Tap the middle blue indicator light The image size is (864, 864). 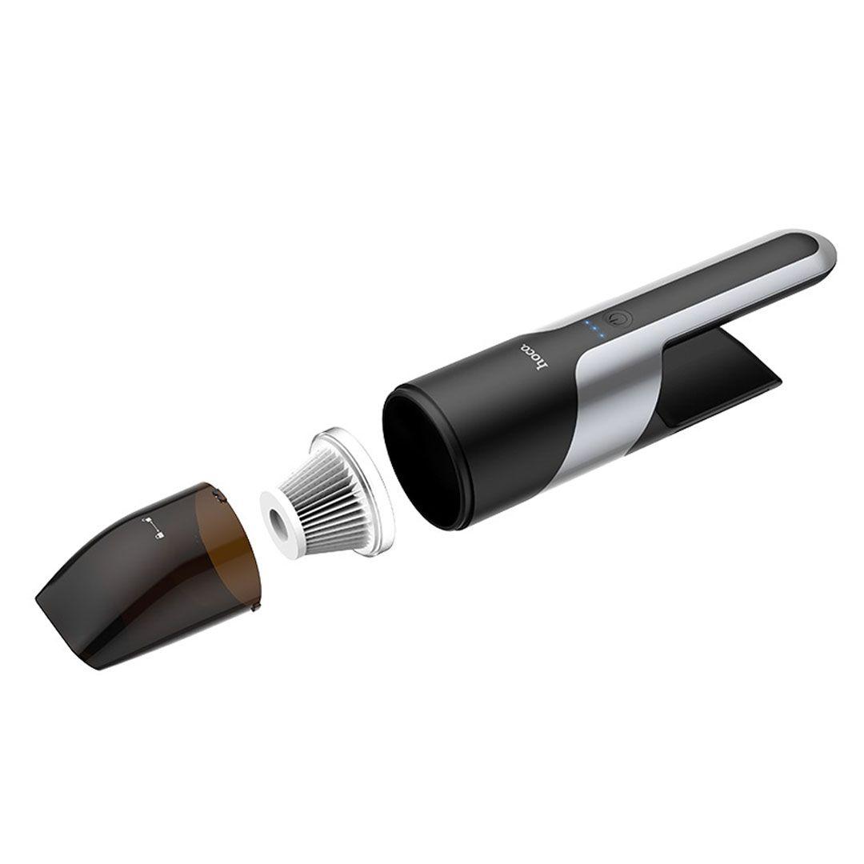click(x=594, y=329)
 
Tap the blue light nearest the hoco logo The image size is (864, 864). click(x=601, y=335)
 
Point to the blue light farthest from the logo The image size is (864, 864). click(x=588, y=322)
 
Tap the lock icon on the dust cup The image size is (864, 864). click(x=160, y=533)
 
